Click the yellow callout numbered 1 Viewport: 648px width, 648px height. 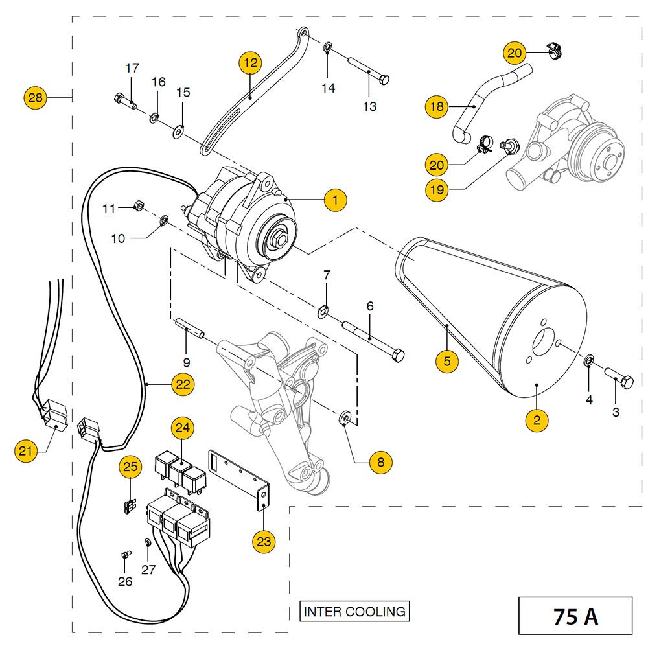(x=335, y=200)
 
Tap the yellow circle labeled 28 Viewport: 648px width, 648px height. (x=36, y=98)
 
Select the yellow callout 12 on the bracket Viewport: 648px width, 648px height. (x=250, y=63)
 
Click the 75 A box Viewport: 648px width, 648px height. (x=575, y=616)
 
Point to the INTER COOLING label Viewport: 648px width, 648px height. (x=354, y=611)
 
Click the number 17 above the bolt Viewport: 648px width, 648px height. (x=132, y=67)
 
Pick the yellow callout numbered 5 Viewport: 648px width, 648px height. (x=446, y=361)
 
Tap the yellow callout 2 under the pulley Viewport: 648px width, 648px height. (x=537, y=420)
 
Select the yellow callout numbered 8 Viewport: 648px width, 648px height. (x=381, y=462)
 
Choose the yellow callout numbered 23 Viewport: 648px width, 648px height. (x=264, y=541)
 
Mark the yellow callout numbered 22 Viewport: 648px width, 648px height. (x=183, y=384)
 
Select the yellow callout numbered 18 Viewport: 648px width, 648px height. (x=437, y=106)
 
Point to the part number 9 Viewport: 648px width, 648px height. (x=187, y=362)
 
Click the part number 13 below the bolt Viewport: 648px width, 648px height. (x=369, y=106)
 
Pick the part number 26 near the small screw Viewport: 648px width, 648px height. (x=125, y=581)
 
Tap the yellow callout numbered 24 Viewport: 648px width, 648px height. (x=183, y=428)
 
